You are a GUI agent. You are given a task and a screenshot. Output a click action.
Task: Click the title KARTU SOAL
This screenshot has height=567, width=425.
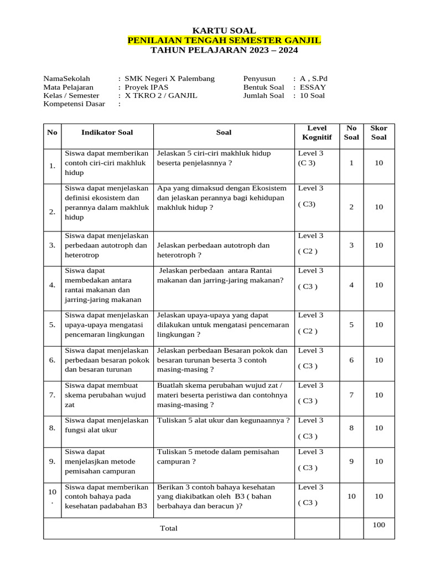[x=224, y=31]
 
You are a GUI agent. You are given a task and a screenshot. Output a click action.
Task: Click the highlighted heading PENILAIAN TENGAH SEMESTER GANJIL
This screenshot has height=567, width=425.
[x=224, y=40]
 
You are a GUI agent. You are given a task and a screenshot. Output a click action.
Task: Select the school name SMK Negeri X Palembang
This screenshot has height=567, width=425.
[x=169, y=79]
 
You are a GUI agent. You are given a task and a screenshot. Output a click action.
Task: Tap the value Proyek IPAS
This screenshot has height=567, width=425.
[x=147, y=87]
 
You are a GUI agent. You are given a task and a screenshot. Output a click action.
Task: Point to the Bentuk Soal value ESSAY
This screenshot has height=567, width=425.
[x=313, y=87]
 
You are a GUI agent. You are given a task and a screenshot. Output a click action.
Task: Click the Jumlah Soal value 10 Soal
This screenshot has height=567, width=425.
[x=312, y=95]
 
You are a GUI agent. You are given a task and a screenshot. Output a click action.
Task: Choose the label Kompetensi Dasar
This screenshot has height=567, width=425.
[x=74, y=104]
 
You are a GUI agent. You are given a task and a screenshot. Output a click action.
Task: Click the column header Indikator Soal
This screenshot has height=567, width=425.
[x=107, y=132]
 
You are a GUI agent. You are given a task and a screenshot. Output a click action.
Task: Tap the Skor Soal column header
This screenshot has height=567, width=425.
[x=379, y=132]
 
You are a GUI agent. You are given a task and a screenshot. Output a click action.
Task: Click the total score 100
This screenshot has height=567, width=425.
[x=379, y=525]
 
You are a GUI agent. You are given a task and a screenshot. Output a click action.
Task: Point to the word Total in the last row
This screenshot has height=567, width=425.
[x=169, y=528]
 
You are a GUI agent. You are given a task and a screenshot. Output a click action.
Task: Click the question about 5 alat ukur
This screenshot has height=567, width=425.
[x=224, y=420]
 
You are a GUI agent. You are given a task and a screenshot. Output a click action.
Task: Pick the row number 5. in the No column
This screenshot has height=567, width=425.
[x=52, y=324]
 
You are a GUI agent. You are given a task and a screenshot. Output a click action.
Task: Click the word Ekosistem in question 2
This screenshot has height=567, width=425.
[x=268, y=188]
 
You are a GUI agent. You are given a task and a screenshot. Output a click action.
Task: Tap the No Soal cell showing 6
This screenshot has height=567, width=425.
[x=351, y=360]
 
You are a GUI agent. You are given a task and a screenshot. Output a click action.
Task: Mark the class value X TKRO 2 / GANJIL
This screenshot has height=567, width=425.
[x=160, y=95]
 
